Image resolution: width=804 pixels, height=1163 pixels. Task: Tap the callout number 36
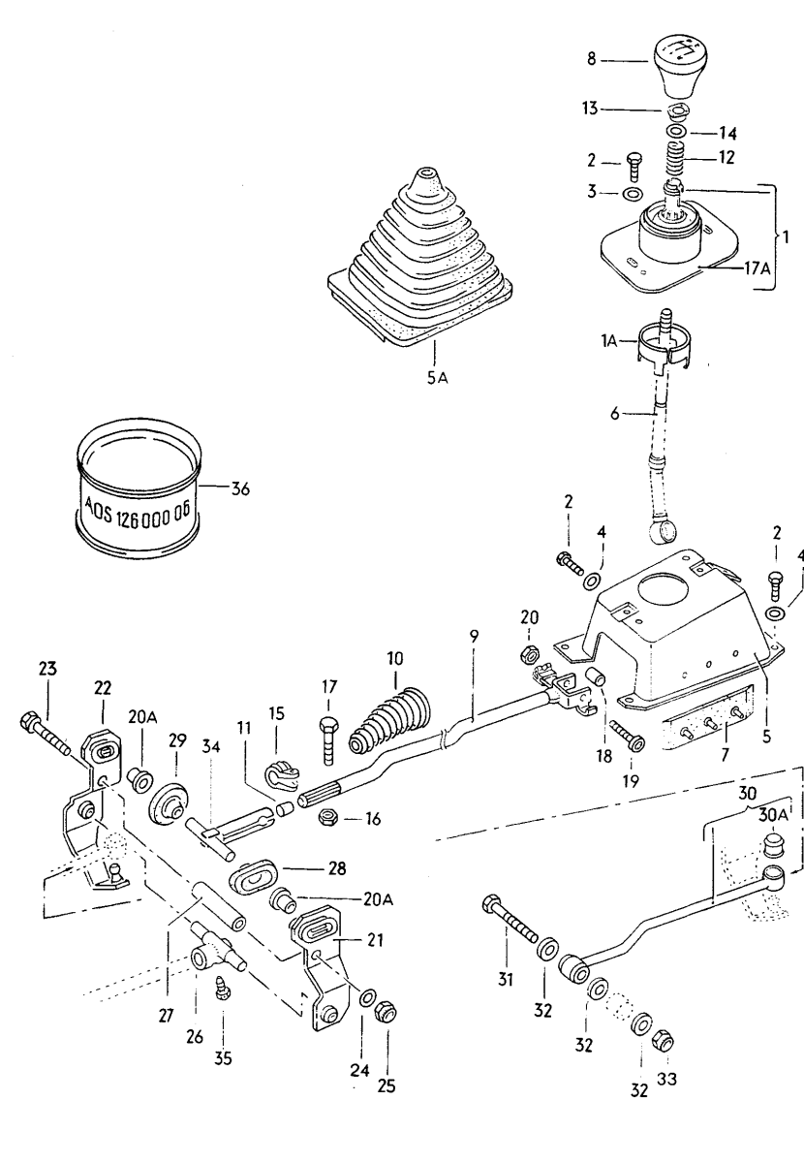pos(240,489)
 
